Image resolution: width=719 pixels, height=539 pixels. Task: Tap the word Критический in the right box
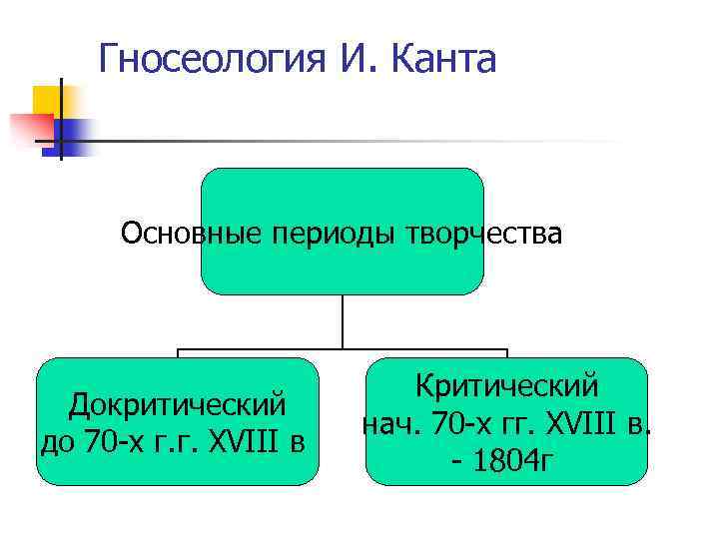click(506, 384)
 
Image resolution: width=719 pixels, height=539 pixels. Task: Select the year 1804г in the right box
click(513, 460)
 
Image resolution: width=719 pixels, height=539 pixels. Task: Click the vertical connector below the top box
click(343, 321)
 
